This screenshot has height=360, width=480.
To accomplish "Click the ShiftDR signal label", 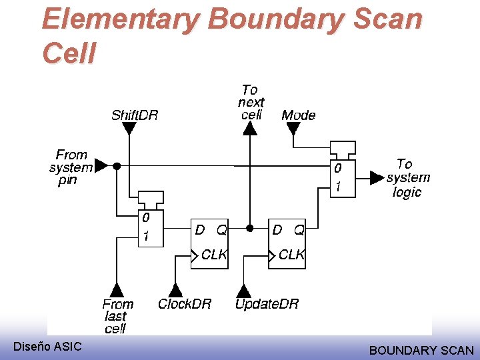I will (135, 115).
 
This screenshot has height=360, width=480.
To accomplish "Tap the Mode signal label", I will (298, 115).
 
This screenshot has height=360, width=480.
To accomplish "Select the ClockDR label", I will (185, 304).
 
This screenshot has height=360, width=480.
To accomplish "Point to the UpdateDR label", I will (267, 304).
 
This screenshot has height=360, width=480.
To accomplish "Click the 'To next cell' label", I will (251, 102).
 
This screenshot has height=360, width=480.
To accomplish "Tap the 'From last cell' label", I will (118, 316).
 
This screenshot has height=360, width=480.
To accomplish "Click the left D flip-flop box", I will (209, 243).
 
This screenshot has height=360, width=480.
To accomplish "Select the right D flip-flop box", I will (287, 243).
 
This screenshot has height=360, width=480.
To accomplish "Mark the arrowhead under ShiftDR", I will (129, 128).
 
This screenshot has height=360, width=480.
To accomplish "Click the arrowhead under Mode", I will (293, 128).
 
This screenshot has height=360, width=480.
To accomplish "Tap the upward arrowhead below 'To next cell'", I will (249, 128).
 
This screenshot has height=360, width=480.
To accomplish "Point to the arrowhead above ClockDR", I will (175, 290).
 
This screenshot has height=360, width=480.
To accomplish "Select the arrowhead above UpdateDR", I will (244, 290).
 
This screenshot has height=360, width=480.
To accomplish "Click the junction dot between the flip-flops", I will (249, 228).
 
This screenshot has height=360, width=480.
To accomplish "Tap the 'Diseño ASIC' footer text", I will (47, 346).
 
